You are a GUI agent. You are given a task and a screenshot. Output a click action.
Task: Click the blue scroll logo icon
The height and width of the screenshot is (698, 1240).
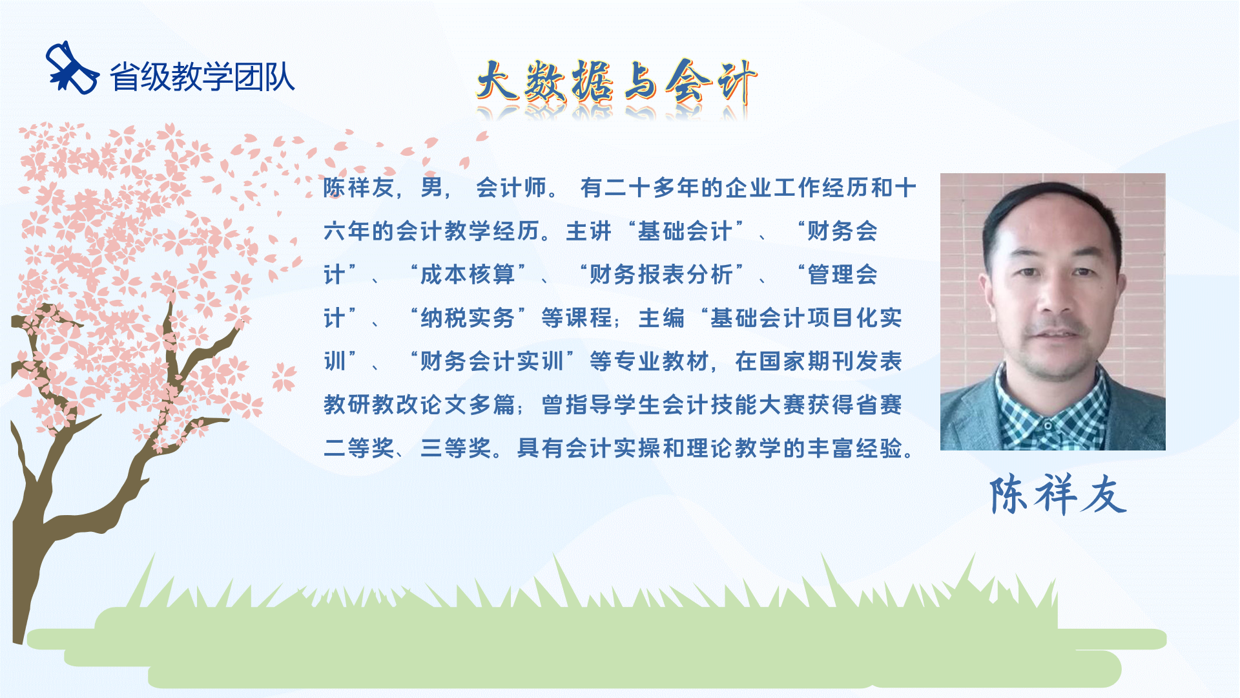point(72,68)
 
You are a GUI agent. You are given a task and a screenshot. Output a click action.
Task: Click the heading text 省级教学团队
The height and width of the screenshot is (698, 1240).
point(202,77)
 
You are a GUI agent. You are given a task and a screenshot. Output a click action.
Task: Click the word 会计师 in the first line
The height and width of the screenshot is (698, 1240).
point(512,187)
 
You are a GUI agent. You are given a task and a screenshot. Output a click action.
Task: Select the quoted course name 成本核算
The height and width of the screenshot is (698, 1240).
point(468,274)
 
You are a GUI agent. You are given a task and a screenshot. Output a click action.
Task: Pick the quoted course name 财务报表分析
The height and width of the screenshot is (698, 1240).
point(661,274)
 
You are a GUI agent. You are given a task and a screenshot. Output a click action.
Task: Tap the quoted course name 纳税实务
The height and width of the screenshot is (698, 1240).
point(468,317)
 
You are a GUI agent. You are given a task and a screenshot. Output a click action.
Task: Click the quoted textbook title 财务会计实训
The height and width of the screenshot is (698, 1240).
point(492,361)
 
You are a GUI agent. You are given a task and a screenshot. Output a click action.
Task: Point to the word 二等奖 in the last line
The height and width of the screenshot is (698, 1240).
point(359,447)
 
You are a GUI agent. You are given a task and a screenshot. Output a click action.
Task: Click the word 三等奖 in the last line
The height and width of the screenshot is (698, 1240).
point(456,447)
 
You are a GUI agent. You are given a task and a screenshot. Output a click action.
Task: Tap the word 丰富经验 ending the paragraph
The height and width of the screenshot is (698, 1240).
point(855,447)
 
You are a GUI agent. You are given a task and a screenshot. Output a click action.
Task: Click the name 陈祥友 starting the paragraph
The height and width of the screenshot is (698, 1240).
point(358,187)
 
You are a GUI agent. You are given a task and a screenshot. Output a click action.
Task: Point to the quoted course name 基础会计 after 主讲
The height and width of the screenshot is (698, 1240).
point(685,231)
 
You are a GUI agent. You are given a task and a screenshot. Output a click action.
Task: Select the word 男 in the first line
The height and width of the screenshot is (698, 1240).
point(431,187)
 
